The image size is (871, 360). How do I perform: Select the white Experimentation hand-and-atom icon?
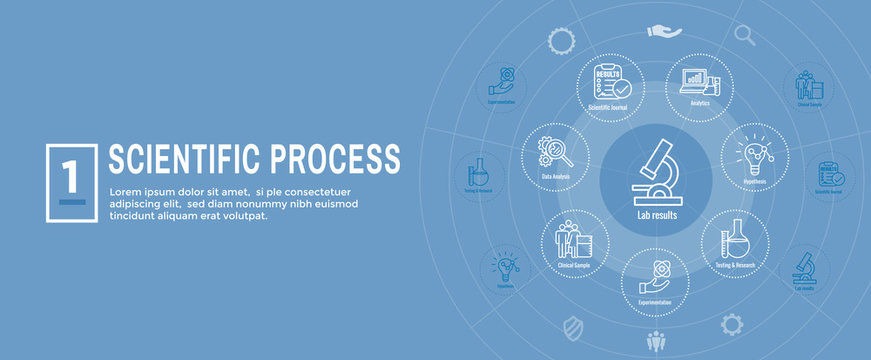(654, 277)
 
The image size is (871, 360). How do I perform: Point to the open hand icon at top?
(664, 33)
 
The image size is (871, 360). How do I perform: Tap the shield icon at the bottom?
(574, 327)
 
